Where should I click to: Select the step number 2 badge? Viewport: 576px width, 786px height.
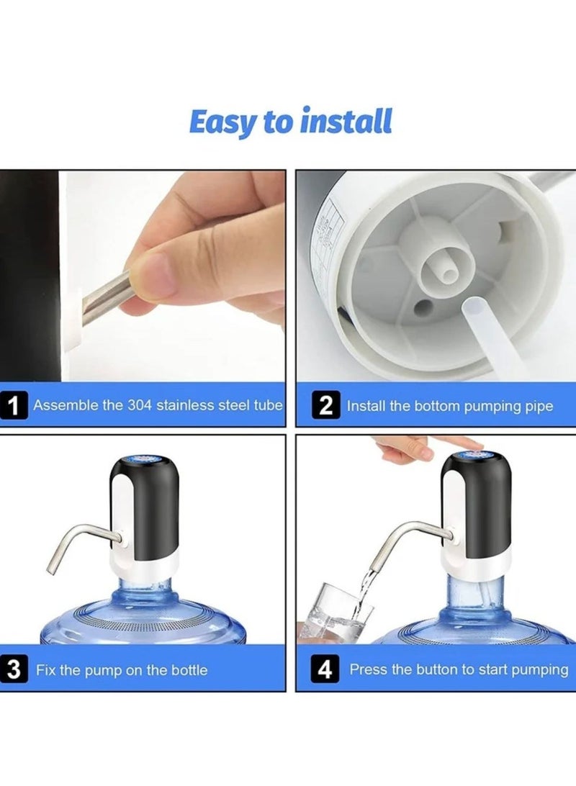coord(326,406)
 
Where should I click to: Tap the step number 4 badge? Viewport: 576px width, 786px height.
coord(325,670)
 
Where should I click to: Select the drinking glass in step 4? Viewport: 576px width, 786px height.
coord(338,612)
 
